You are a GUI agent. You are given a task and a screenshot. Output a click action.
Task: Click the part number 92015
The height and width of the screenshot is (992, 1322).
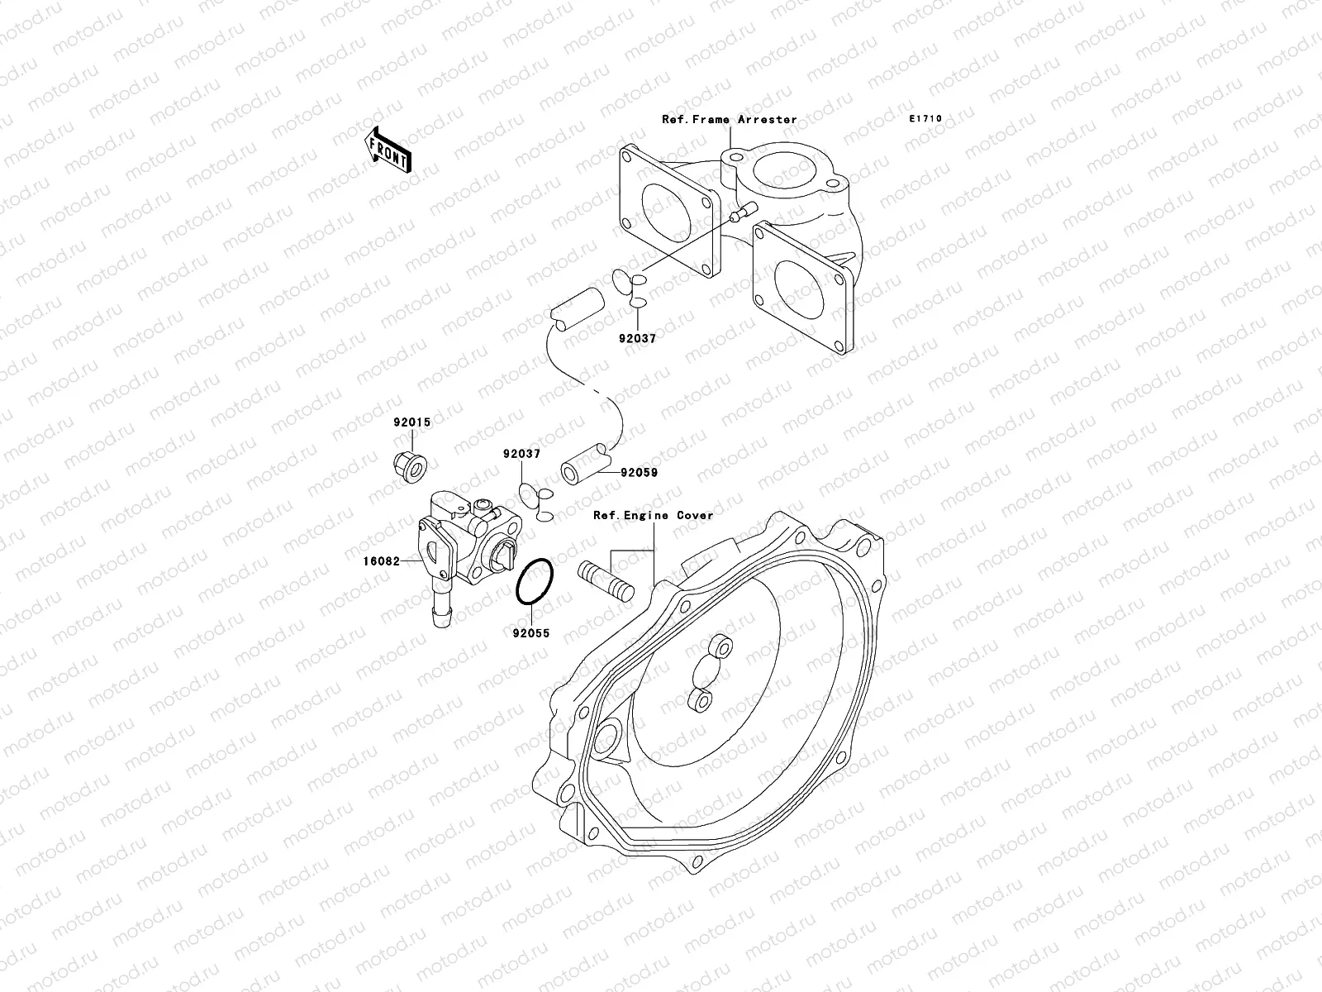click(411, 422)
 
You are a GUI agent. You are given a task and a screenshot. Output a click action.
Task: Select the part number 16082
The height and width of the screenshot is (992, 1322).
click(380, 561)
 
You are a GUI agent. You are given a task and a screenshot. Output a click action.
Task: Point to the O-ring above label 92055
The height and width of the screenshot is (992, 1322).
click(534, 584)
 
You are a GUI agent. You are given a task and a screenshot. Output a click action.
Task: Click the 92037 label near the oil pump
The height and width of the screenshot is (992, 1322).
click(521, 454)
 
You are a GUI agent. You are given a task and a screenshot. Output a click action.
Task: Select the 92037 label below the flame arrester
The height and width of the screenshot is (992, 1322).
click(637, 338)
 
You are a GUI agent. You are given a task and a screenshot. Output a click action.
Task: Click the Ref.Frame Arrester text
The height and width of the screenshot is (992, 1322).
click(729, 120)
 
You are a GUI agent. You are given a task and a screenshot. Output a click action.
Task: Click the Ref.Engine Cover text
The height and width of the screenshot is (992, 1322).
click(653, 515)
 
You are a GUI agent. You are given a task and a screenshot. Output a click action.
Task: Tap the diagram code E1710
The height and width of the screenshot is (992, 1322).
click(925, 119)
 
